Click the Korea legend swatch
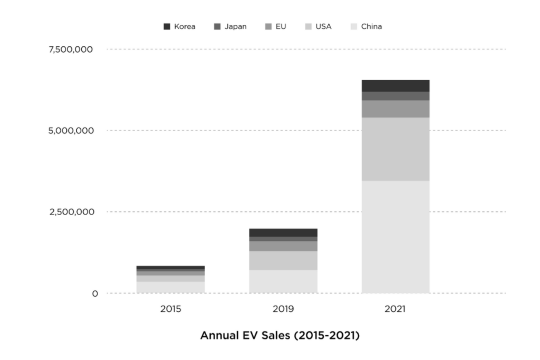tap(167, 26)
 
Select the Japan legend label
tap(235, 26)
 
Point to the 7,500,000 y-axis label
tap(70, 50)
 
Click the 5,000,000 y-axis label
tap(70, 131)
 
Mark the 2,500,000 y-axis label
tap(70, 212)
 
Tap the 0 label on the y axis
tap(95, 294)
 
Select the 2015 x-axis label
tap(170, 309)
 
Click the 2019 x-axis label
tap(283, 309)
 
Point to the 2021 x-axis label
tap(395, 309)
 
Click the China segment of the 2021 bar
tap(395, 237)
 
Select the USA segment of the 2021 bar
tap(395, 149)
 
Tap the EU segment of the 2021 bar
tap(395, 109)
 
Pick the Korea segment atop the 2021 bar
tap(395, 85)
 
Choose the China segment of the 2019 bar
tap(283, 281)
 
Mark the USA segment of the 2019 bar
tap(283, 260)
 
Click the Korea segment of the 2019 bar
tap(283, 232)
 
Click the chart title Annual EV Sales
tap(279, 336)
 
